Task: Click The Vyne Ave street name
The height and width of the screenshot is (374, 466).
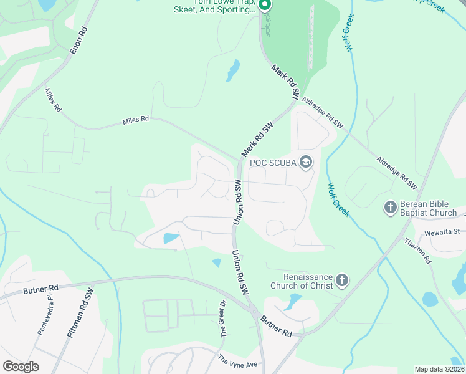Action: coord(237,361)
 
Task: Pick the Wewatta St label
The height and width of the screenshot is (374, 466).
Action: coord(442,232)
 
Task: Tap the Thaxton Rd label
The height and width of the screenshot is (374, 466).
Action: coord(418,251)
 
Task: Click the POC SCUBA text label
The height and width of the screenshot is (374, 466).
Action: coord(272,163)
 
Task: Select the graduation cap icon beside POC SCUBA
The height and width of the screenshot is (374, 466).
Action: coord(305,163)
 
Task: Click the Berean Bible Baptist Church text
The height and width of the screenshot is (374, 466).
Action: coord(429,208)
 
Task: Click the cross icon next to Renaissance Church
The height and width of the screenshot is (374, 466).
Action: coord(341,281)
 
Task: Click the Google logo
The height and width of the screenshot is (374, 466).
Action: coord(21,367)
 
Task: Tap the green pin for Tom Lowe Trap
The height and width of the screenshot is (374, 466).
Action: coord(264,6)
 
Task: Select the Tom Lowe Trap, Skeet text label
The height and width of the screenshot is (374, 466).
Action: coord(224,6)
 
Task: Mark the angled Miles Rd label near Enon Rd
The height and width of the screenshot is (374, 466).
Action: coord(54,100)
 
